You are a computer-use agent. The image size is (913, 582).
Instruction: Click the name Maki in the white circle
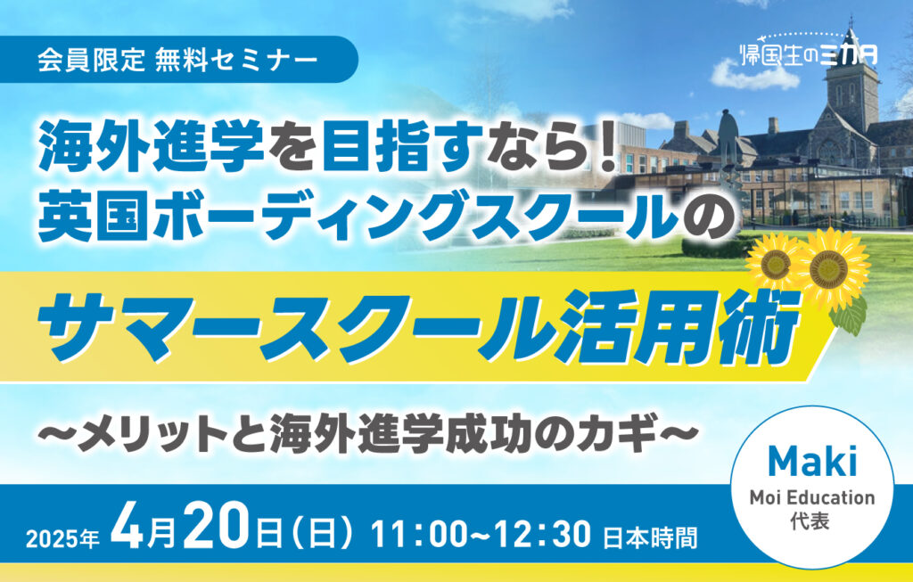(x=812, y=462)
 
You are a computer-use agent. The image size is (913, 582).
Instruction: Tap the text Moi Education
(x=812, y=497)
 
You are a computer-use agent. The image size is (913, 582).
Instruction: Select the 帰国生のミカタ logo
(x=809, y=53)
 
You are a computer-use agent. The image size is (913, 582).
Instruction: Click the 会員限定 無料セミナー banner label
(x=177, y=60)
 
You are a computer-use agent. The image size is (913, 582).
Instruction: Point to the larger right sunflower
(x=831, y=267)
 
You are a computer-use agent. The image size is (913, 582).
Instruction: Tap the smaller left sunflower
(x=774, y=264)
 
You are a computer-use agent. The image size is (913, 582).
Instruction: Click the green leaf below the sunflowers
(x=850, y=315)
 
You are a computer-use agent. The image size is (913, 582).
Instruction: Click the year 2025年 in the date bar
(x=63, y=539)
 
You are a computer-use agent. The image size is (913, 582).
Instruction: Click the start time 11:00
(x=419, y=534)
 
